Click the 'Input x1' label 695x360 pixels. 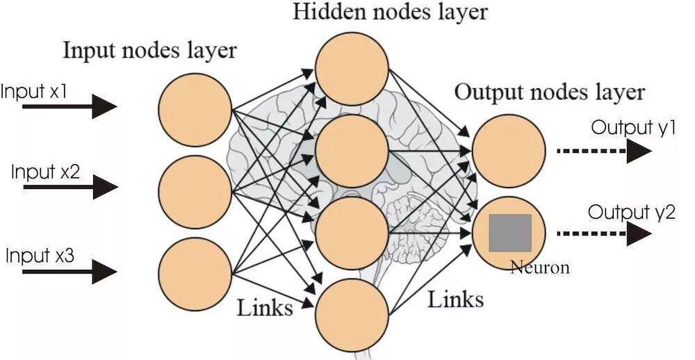tap(34, 92)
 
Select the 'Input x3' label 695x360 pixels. tap(40, 255)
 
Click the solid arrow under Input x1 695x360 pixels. tap(69, 107)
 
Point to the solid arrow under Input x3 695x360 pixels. tap(69, 271)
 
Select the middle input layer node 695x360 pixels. tap(195, 190)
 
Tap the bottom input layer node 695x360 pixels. tap(195, 273)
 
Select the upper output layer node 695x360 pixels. tap(509, 151)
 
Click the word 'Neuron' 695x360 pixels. tap(539, 268)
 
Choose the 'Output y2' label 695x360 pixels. tap(631, 212)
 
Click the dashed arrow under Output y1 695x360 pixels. tap(604, 151)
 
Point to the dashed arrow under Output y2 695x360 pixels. tap(604, 234)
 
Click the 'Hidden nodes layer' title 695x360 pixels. tap(391, 12)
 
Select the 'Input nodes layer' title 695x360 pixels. tap(150, 50)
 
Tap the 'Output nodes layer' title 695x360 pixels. tap(549, 92)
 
